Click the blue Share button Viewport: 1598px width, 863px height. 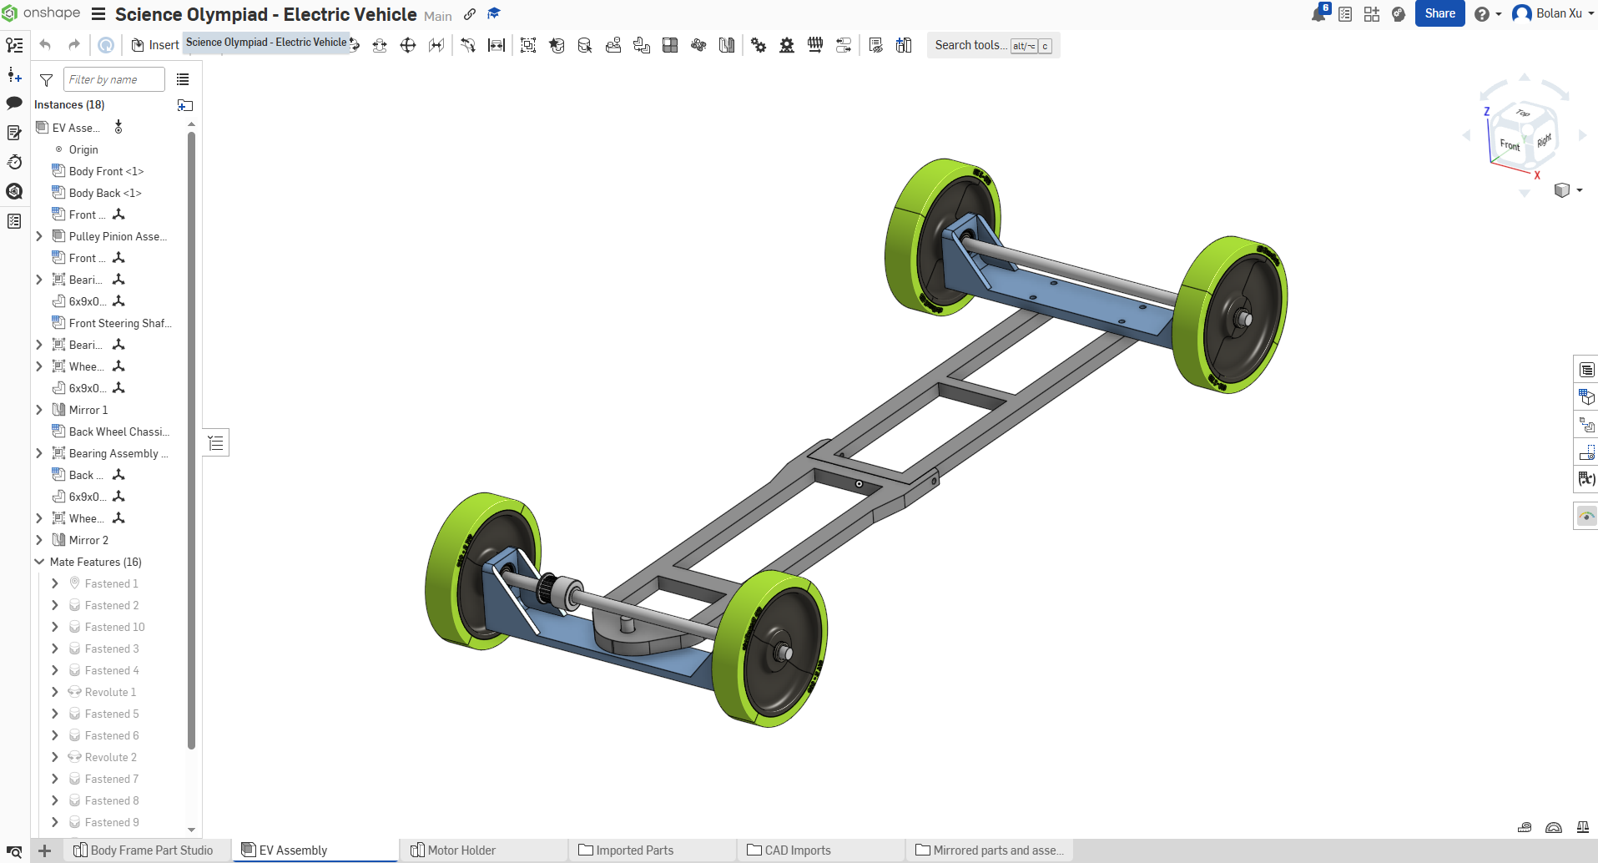pyautogui.click(x=1439, y=13)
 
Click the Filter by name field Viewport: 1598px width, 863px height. pyautogui.click(x=113, y=79)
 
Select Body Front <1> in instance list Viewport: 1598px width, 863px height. pyautogui.click(x=106, y=171)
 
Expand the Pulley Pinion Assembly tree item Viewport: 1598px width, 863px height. pyautogui.click(x=39, y=236)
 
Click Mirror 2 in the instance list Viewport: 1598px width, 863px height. pyautogui.click(x=88, y=540)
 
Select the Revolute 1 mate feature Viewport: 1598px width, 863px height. pyautogui.click(x=110, y=692)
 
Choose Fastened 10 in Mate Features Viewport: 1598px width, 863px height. pyautogui.click(x=114, y=627)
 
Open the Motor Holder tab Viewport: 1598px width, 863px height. pyautogui.click(x=461, y=850)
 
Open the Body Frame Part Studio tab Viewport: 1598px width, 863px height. pyautogui.click(x=151, y=850)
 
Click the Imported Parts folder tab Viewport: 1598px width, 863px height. pyautogui.click(x=634, y=850)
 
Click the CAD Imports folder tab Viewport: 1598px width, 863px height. pyautogui.click(x=797, y=850)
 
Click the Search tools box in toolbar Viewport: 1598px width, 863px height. pyautogui.click(x=970, y=45)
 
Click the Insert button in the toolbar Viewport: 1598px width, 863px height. pyautogui.click(x=156, y=45)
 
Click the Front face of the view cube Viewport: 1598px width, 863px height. pyautogui.click(x=1510, y=144)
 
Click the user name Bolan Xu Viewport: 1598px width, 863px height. pyautogui.click(x=1558, y=13)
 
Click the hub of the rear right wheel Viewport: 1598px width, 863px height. pyautogui.click(x=1243, y=318)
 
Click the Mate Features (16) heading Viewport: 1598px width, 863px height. pyautogui.click(x=95, y=562)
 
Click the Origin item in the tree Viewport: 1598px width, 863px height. pyautogui.click(x=83, y=149)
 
